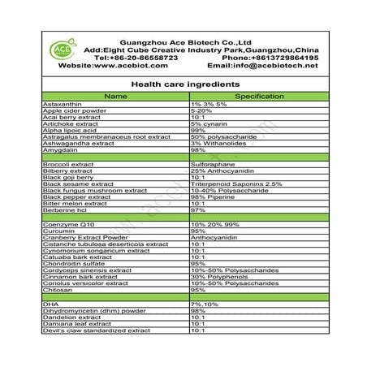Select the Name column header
(116, 96)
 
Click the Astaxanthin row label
(64, 106)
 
